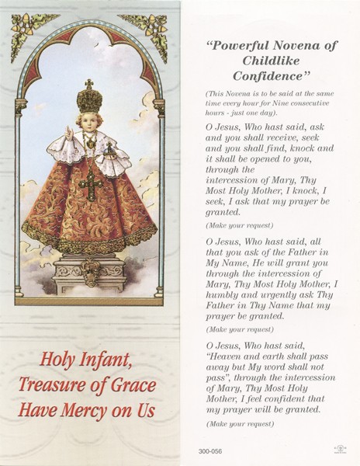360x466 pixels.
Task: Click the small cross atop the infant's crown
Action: (x=89, y=82)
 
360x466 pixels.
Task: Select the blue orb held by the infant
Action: (x=109, y=149)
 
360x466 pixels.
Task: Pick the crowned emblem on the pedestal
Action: (x=92, y=272)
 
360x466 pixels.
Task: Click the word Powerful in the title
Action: (x=238, y=45)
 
